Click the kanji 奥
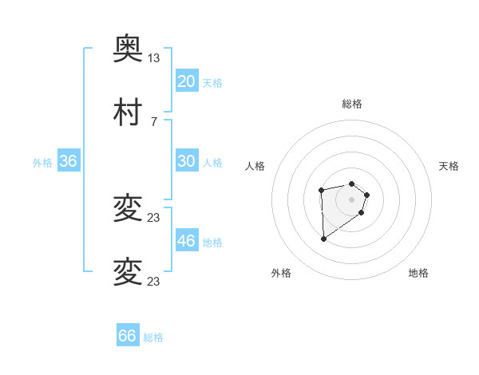tap(128, 49)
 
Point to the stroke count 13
tap(154, 58)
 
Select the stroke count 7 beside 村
tap(154, 121)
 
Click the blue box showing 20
tap(186, 81)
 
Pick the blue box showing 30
tap(186, 161)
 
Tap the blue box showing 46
tap(186, 241)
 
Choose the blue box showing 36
tap(68, 161)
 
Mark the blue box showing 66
tap(128, 336)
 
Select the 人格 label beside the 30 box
tap(212, 163)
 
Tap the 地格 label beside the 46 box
tap(212, 243)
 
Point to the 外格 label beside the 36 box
tap(42, 163)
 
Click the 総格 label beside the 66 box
tap(153, 337)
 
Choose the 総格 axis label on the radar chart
tap(352, 104)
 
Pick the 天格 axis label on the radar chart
tap(449, 166)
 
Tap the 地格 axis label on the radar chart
tap(418, 273)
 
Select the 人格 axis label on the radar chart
tap(255, 166)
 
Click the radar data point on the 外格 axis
tap(323, 239)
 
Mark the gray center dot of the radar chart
tap(352, 199)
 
